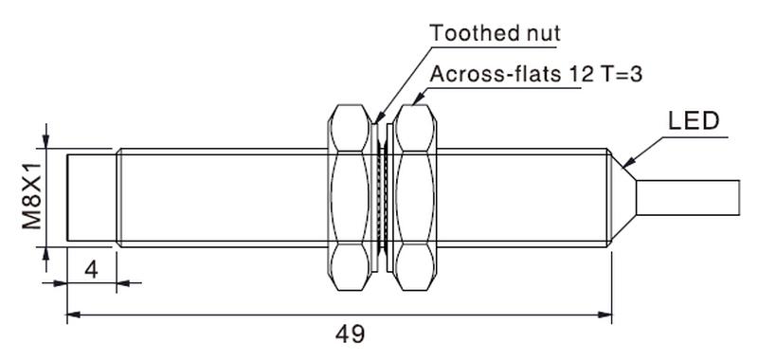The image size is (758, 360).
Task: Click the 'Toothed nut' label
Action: [495, 34]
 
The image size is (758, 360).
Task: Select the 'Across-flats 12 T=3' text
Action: [536, 75]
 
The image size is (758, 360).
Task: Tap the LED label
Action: [694, 121]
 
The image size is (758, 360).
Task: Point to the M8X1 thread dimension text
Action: [32, 195]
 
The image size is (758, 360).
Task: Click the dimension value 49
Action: [351, 334]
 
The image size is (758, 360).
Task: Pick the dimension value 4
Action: [91, 270]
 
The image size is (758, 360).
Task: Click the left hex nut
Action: [350, 198]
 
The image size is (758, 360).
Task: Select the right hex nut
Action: [414, 198]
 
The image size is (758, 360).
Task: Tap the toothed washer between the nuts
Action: [382, 198]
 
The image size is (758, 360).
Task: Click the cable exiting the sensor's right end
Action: [688, 198]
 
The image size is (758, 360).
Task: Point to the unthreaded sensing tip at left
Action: [91, 198]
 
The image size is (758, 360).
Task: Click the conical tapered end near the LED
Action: [623, 198]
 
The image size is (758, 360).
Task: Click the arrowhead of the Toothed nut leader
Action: [378, 117]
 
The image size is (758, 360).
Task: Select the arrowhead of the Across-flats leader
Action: [417, 99]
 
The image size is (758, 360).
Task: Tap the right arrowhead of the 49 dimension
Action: [605, 315]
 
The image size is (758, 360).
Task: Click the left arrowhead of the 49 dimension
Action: [74, 315]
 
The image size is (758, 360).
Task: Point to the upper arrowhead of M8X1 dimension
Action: [45, 141]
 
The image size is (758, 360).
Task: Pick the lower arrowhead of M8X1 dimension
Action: [45, 254]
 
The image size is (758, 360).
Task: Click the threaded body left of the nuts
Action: [223, 198]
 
